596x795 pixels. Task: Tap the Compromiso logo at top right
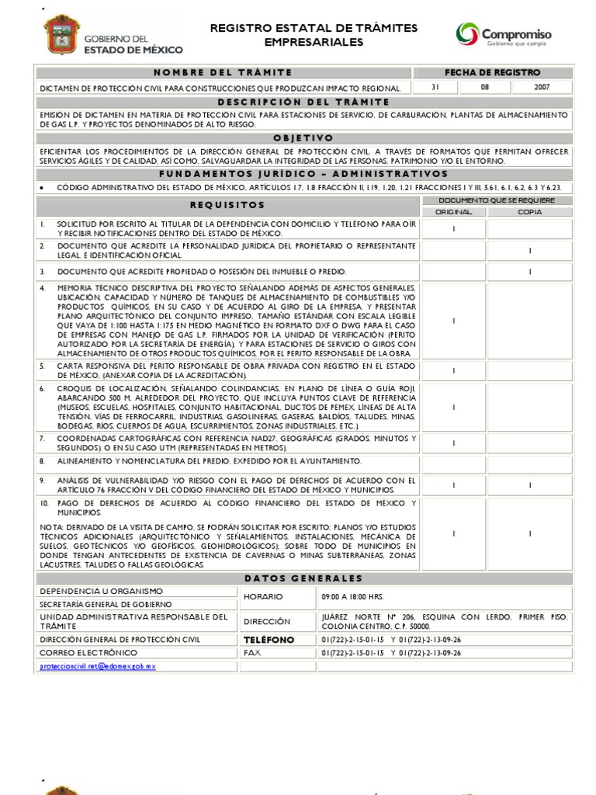[504, 36]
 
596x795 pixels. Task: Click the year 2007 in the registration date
[541, 88]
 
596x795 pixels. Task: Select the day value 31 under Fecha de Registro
[435, 88]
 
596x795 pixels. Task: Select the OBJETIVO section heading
[303, 137]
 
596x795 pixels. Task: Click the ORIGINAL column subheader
[453, 211]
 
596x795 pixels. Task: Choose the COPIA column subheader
[530, 211]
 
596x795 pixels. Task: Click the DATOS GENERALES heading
[303, 578]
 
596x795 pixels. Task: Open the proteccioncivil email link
[99, 666]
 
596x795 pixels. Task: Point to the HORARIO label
[263, 597]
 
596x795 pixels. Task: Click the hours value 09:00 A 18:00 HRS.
[352, 597]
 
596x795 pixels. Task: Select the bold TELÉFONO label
[269, 640]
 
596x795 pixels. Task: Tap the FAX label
[252, 653]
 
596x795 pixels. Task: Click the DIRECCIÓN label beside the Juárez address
[266, 621]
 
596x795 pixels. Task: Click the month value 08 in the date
[485, 88]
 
